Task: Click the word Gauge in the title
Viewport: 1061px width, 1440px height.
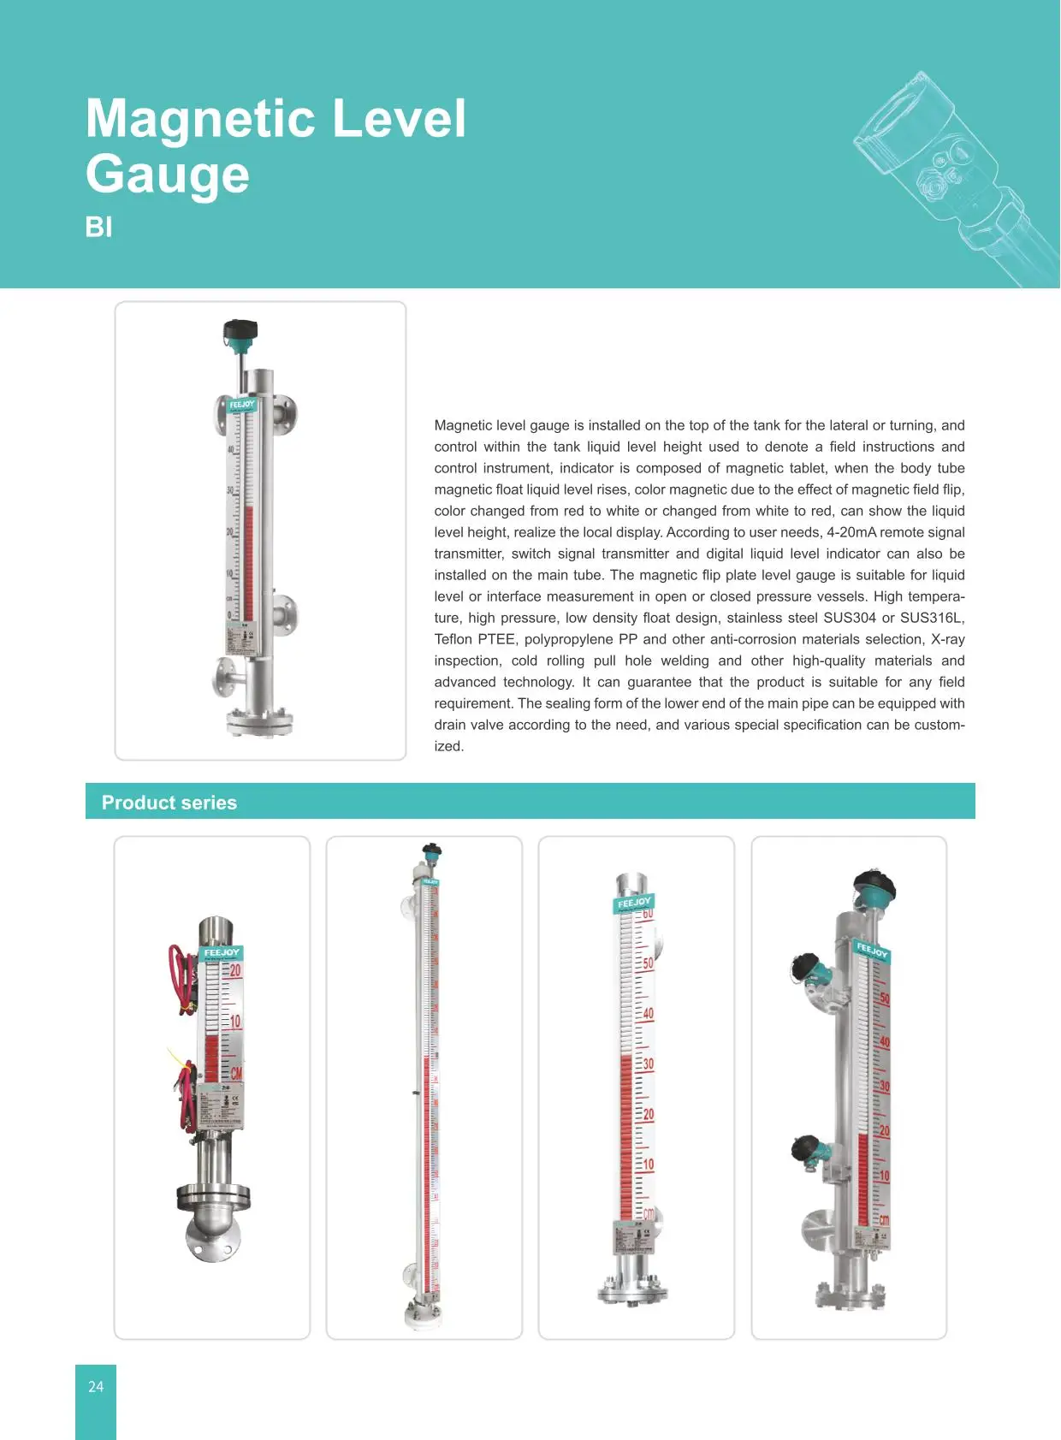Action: click(x=168, y=175)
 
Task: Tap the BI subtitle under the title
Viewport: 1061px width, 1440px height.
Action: click(x=98, y=228)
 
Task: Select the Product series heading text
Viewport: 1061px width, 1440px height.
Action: click(x=169, y=803)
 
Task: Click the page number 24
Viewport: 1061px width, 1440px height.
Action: click(x=96, y=1387)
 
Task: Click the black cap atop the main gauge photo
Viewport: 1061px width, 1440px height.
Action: click(x=240, y=329)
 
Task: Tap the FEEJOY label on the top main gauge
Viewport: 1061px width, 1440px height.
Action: click(x=242, y=404)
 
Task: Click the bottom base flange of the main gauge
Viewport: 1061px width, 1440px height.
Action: click(x=260, y=721)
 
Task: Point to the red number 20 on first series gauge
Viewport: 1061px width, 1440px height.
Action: click(x=235, y=971)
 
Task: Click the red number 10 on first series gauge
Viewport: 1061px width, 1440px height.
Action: click(x=235, y=1022)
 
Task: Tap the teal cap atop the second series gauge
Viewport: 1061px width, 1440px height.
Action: click(x=432, y=850)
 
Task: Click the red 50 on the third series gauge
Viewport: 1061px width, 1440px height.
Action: click(x=648, y=963)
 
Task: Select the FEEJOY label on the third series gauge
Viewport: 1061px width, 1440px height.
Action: click(x=634, y=903)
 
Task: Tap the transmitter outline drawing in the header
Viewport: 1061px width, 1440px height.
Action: click(x=950, y=180)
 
